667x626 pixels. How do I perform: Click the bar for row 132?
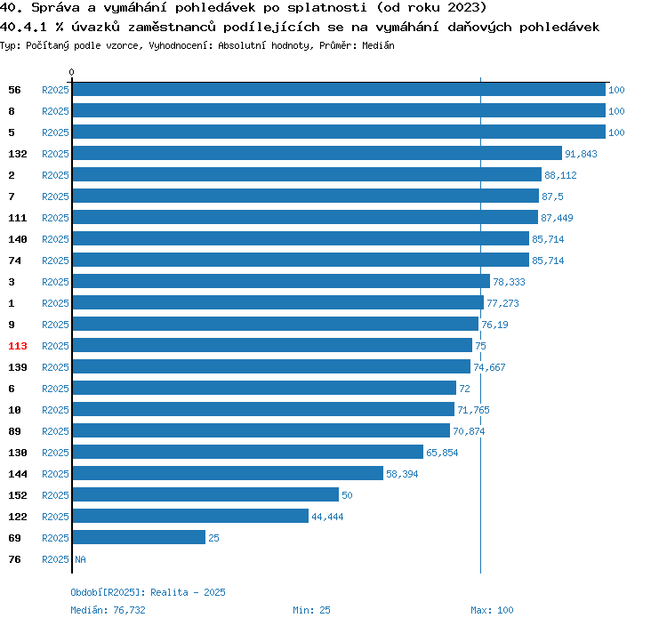(x=317, y=154)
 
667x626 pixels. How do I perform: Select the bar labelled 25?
(x=139, y=538)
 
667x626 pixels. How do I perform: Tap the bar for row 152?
(x=205, y=495)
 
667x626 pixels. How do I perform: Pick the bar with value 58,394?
(x=228, y=474)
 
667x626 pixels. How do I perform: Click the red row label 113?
(x=18, y=346)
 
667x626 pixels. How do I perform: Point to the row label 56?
(x=14, y=90)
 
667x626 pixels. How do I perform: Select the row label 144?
(x=18, y=474)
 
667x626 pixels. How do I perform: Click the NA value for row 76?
(x=80, y=559)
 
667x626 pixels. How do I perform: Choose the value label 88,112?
(x=560, y=175)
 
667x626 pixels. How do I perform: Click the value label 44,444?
(x=327, y=517)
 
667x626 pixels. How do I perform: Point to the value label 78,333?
(x=510, y=282)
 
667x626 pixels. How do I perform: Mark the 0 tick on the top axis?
(x=72, y=72)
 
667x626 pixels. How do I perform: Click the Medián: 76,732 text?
(x=108, y=610)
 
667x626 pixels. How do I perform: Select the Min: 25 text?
(x=311, y=610)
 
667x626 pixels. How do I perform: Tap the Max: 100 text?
(x=492, y=610)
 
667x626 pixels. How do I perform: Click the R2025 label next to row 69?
(x=55, y=538)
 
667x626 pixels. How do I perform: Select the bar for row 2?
(x=307, y=175)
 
